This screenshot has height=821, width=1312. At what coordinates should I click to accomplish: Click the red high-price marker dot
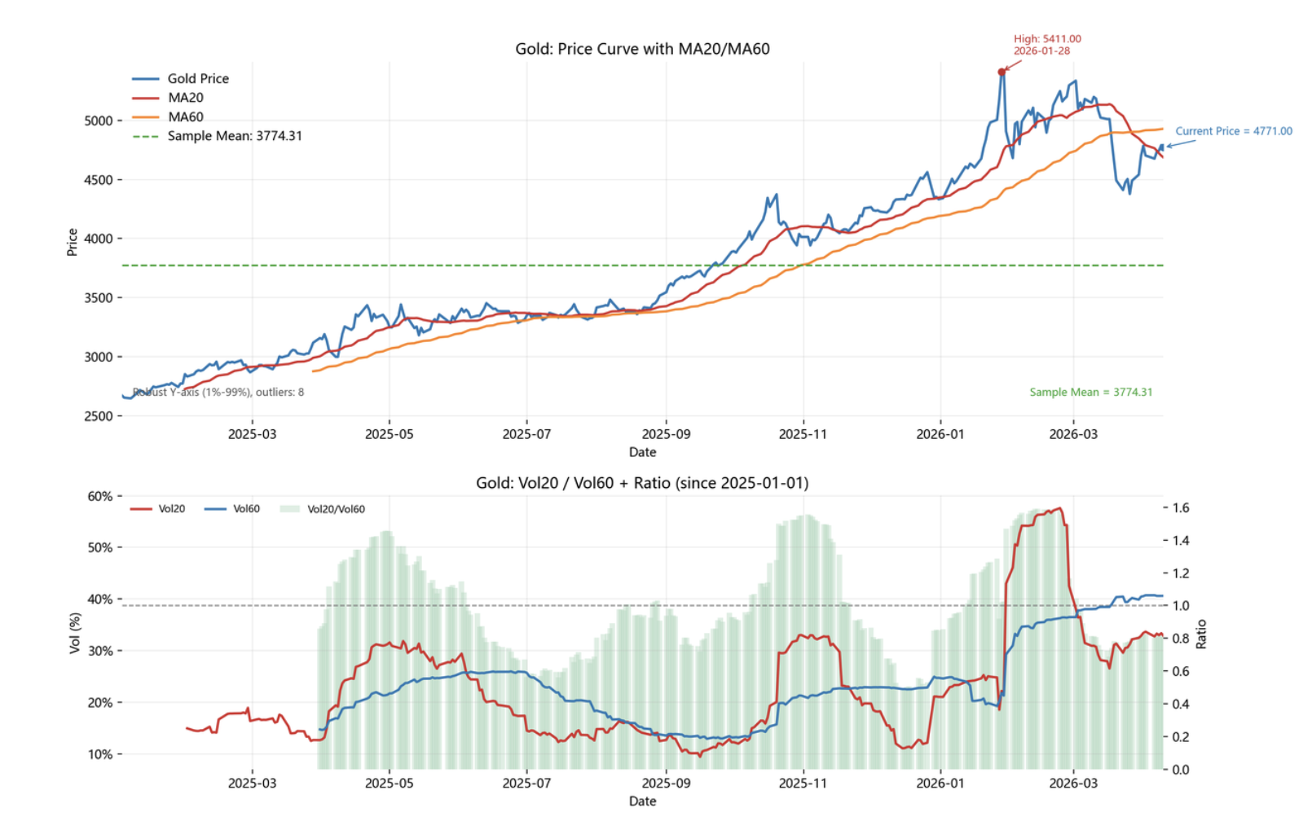point(1002,72)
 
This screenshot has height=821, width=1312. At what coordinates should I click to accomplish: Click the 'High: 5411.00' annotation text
point(1047,39)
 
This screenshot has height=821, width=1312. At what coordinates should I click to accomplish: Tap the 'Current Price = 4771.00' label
point(1233,131)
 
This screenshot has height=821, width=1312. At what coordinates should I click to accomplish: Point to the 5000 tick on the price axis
point(99,121)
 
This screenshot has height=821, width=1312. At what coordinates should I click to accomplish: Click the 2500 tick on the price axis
point(99,416)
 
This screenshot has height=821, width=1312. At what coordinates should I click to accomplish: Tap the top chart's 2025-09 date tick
point(666,434)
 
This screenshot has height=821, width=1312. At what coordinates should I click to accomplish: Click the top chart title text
point(642,49)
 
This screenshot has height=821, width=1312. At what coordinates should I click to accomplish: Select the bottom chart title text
point(642,483)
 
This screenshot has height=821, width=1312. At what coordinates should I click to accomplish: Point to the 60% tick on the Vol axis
point(100,496)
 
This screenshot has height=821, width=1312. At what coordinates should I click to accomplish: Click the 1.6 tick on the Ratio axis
point(1180,508)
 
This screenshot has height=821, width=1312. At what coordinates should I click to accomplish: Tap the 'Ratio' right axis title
point(1201,634)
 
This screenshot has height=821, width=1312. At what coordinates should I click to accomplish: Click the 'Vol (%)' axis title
point(75,634)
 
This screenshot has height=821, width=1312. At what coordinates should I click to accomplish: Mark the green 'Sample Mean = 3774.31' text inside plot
point(1090,393)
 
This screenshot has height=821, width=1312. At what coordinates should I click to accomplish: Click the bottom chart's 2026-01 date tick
point(940,784)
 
